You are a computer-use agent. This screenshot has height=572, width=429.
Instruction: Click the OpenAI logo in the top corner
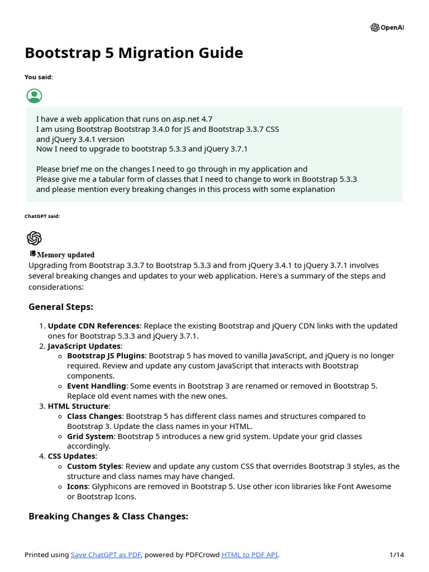375,28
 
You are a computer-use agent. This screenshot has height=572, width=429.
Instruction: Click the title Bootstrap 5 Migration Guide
134,53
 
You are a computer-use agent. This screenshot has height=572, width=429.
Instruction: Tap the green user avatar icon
34,96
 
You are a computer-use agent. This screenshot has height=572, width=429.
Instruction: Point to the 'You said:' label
39,77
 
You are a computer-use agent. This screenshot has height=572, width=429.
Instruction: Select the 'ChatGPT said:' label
42,216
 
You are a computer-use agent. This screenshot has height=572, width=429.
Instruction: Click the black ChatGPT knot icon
34,239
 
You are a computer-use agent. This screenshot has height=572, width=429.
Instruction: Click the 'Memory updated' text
65,255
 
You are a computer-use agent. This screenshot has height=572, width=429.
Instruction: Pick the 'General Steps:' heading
61,307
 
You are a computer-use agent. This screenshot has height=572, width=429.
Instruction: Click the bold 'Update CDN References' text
93,326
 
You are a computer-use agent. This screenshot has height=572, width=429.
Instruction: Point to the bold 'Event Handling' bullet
96,386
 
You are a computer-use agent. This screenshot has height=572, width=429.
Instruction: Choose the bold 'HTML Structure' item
78,406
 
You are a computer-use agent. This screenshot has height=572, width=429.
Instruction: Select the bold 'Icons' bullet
77,487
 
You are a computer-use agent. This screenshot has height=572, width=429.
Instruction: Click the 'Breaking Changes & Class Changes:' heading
108,517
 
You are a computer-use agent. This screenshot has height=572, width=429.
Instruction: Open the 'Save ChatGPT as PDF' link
106,555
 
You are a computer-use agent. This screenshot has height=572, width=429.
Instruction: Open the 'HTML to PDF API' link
249,555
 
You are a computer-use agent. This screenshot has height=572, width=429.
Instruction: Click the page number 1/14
396,555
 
